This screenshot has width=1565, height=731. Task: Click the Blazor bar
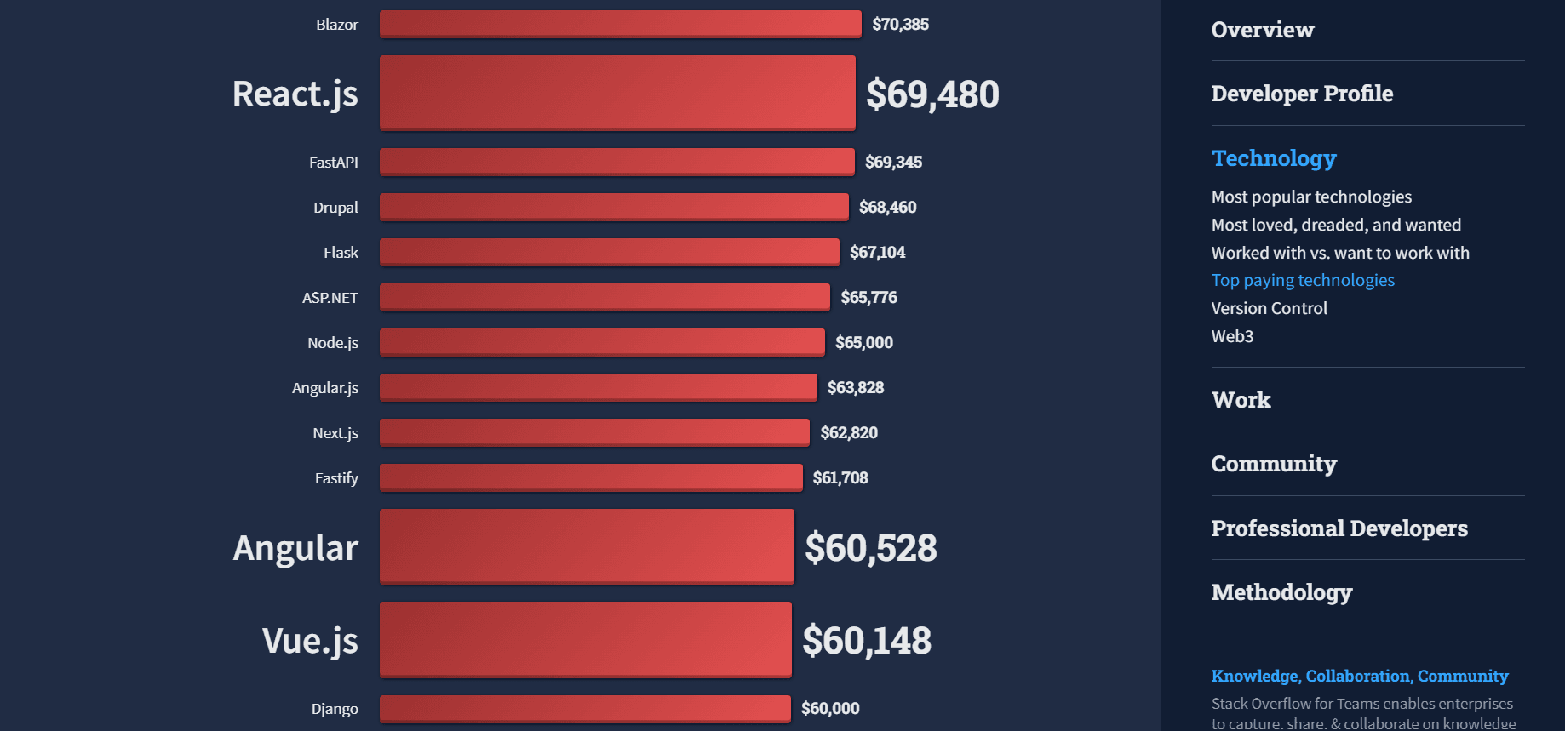[x=620, y=24]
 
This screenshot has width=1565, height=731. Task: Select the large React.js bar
[x=617, y=93]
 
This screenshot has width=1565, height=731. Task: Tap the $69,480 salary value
[x=932, y=94]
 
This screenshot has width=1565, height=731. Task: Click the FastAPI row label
[x=333, y=162]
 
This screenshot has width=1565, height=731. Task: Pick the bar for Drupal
[x=614, y=207]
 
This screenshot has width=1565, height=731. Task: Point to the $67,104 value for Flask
[x=877, y=252]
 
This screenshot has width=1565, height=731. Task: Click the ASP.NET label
[x=330, y=297]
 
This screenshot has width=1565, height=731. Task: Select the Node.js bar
[x=602, y=342]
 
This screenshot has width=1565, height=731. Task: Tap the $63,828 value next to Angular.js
[x=855, y=387]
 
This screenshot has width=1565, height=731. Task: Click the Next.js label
[x=335, y=432]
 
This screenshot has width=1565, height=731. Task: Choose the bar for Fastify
[x=591, y=477]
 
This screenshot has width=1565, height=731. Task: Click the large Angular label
[x=295, y=547]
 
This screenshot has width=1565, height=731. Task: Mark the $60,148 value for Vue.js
[x=866, y=640]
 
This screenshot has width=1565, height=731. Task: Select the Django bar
[x=585, y=708]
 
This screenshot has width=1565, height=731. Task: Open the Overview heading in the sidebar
[x=1262, y=30]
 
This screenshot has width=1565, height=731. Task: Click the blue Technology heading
[x=1273, y=158]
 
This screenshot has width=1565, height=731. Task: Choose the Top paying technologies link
[x=1302, y=280]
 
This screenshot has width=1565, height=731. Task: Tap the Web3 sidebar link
[x=1232, y=336]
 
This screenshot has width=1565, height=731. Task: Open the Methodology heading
[x=1281, y=592]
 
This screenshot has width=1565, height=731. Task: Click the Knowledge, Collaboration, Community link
[x=1359, y=676]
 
